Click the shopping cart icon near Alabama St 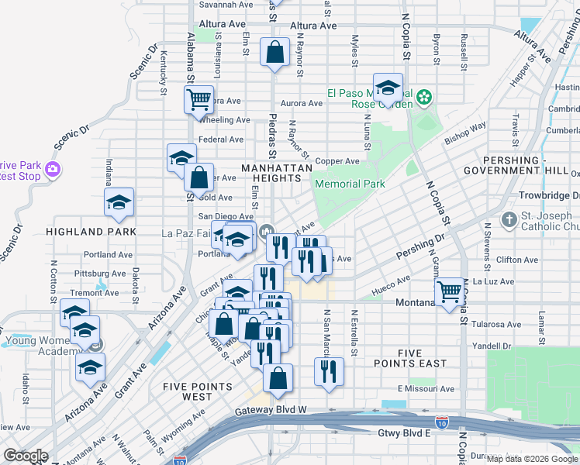coord(199,98)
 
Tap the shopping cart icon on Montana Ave coord(449,292)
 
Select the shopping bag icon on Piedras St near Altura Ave coord(274,53)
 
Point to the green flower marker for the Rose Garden coord(423,97)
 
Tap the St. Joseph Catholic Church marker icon coord(509,220)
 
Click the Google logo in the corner coord(26,456)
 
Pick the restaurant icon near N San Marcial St coord(329,370)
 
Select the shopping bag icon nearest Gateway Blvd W coord(278,379)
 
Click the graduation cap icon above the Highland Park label coord(119,202)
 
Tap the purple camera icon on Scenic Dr coord(52,168)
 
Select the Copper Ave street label coord(342,161)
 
